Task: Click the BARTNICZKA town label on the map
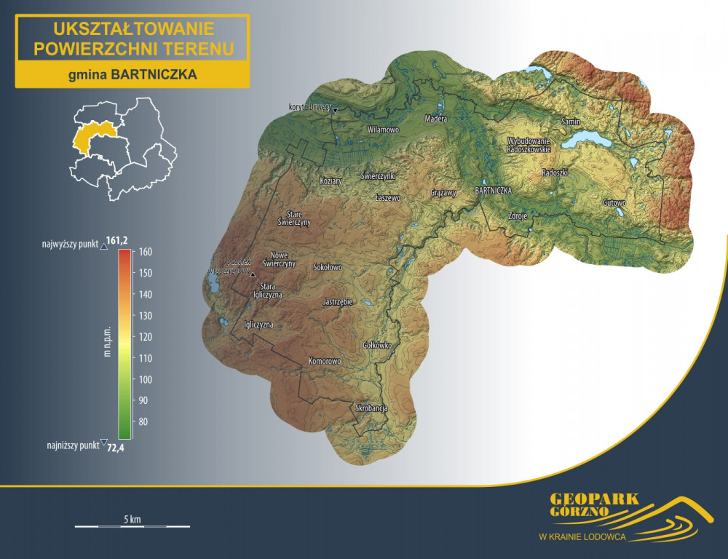click(494, 190)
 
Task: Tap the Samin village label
click(571, 122)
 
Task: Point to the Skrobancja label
click(371, 408)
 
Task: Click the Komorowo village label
click(325, 361)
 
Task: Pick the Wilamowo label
click(384, 129)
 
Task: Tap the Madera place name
click(436, 118)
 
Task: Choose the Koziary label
click(331, 181)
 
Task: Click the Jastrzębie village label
click(337, 301)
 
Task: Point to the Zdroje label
click(517, 215)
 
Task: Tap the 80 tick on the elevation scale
click(142, 421)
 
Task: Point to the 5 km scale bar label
click(132, 519)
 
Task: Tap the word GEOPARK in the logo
click(594, 499)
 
